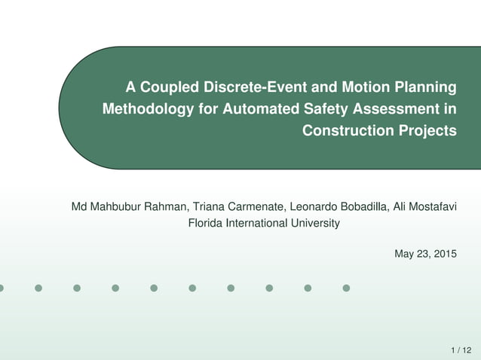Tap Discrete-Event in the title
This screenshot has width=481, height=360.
tap(246, 87)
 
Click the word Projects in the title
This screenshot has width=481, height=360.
tap(427, 130)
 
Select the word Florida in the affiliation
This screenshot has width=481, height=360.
tap(204, 223)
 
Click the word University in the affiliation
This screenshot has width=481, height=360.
tap(314, 223)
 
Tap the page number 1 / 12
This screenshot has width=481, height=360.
tap(461, 349)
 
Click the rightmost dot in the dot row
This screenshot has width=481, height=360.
tap(346, 288)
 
